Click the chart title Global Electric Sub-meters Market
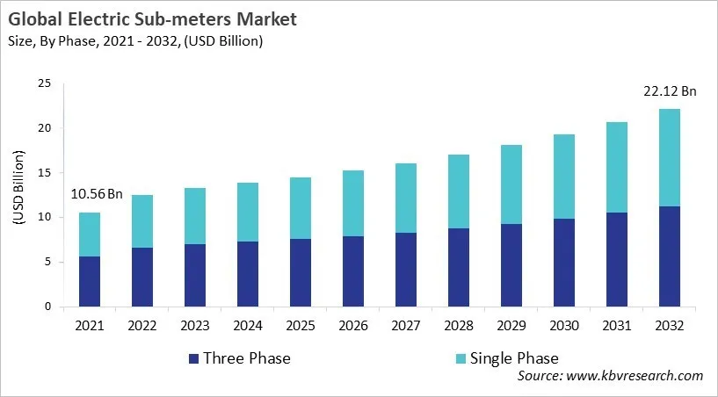150,18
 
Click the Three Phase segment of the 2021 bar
90,281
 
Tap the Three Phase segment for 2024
247,274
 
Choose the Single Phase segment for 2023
194,216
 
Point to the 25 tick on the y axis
45,83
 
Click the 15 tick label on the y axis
45,173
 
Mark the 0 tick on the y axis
48,307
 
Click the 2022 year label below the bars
142,325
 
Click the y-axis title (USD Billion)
18,195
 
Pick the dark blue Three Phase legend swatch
192,358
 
